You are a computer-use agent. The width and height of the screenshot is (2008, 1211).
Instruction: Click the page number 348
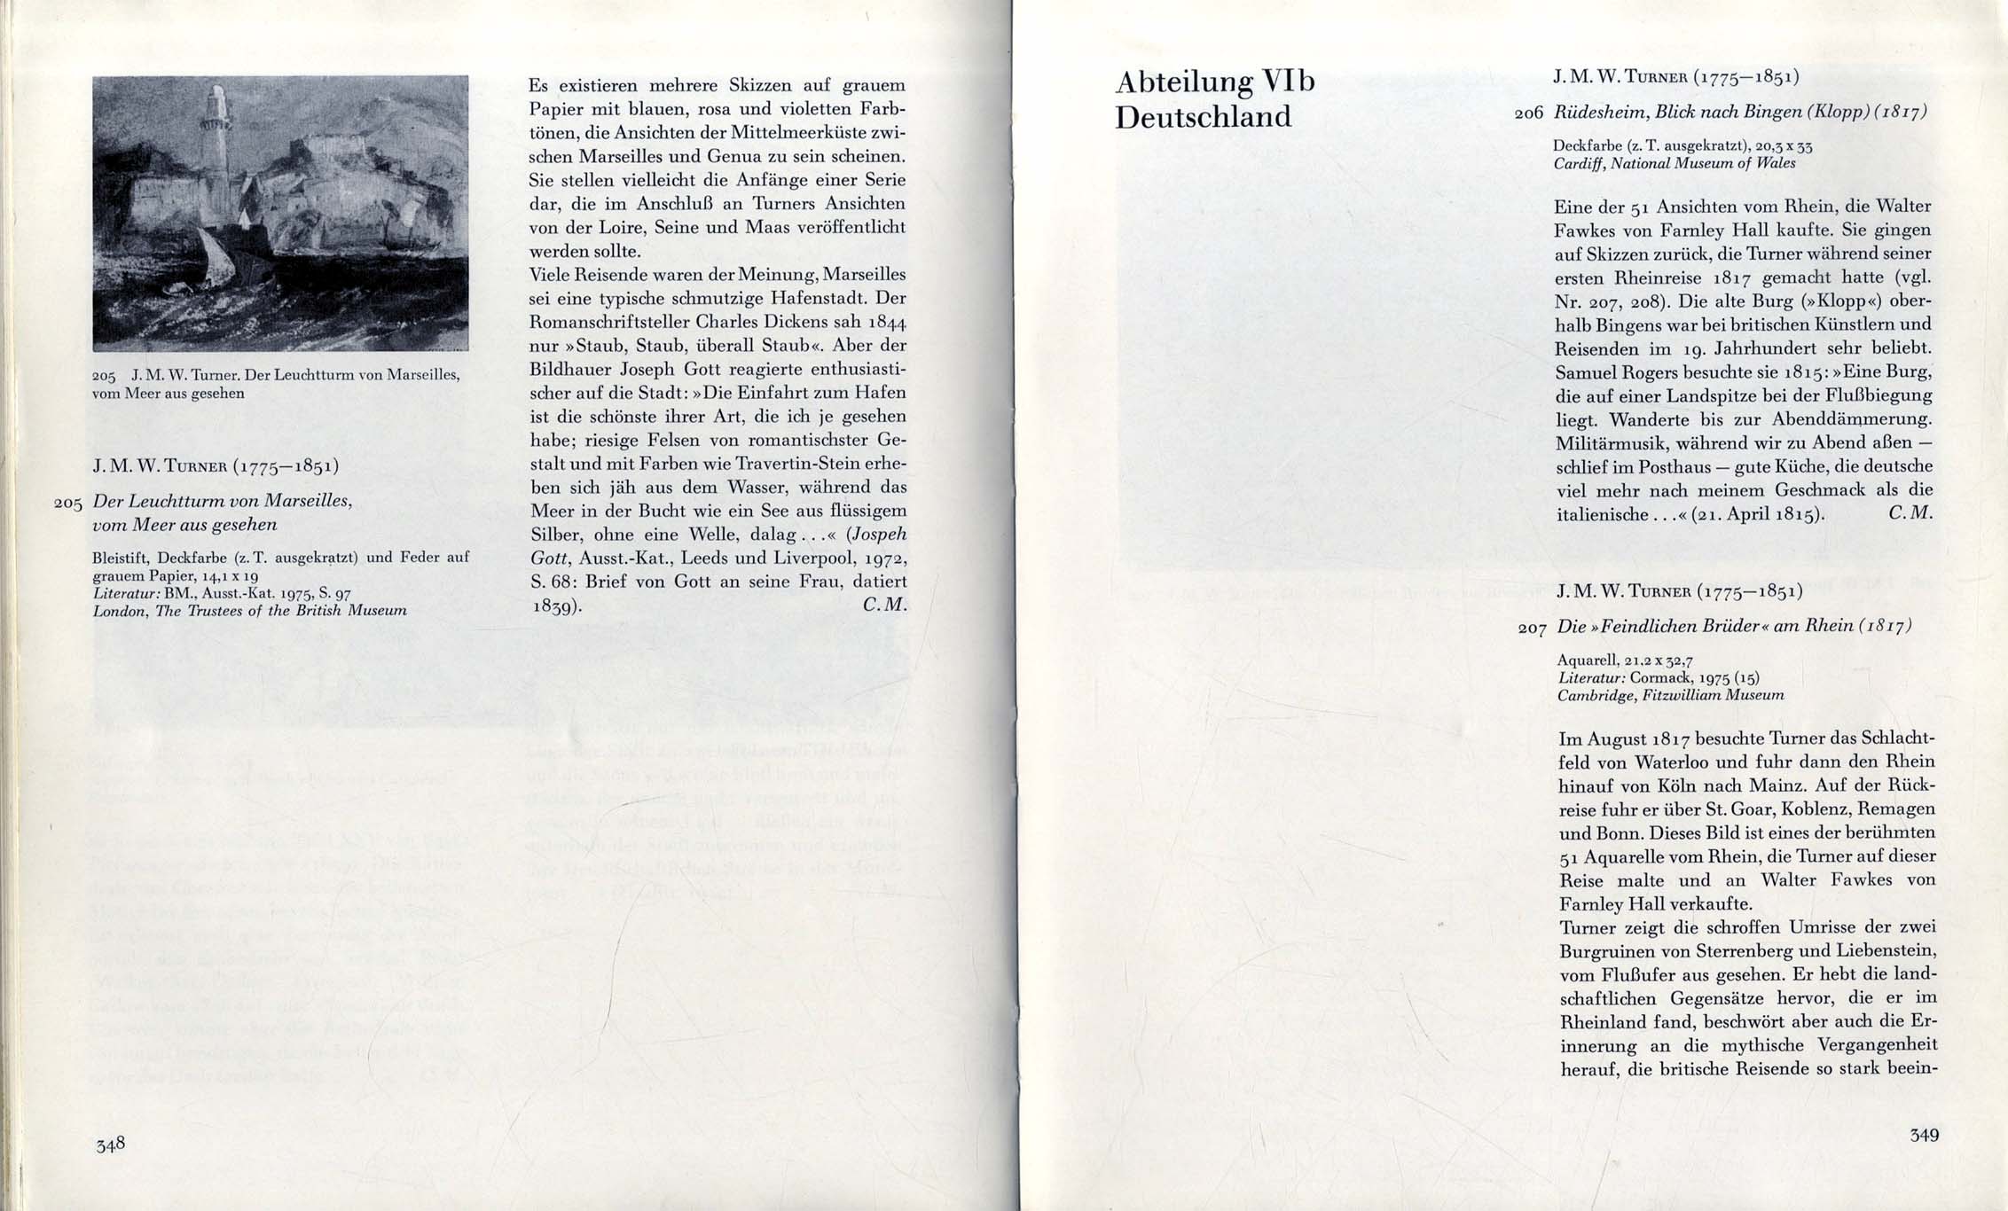pos(111,1144)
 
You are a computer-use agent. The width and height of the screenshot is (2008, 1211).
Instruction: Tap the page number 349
pos(1925,1135)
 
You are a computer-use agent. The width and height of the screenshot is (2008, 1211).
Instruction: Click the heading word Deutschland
pos(1203,117)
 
